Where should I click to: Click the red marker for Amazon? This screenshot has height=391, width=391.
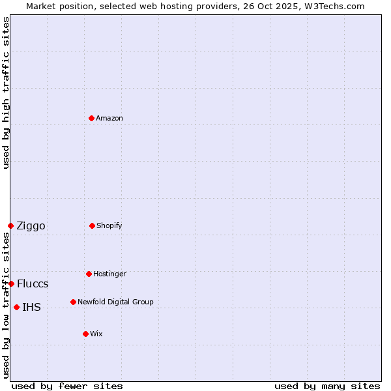click(x=92, y=118)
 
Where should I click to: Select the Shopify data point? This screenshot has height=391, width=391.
click(x=92, y=225)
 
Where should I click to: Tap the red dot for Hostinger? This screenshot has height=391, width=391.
click(x=89, y=274)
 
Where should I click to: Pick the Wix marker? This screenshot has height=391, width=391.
click(x=85, y=334)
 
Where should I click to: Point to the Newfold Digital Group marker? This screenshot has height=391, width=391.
click(x=73, y=302)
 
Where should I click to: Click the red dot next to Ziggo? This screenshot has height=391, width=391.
click(x=10, y=225)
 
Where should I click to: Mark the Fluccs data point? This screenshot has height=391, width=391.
click(x=11, y=283)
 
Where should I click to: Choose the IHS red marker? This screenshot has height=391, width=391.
click(x=16, y=307)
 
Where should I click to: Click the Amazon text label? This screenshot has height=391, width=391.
click(x=109, y=118)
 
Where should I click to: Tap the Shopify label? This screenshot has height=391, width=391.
click(x=109, y=225)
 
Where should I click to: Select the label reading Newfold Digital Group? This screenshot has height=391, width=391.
click(x=115, y=302)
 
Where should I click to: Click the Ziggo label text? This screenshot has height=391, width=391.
click(x=31, y=226)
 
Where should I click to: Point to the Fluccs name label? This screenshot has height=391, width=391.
click(x=33, y=284)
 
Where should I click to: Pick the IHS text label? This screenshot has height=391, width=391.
click(x=31, y=308)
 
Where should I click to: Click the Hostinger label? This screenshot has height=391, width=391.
click(x=109, y=274)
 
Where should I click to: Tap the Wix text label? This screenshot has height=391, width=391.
click(x=96, y=334)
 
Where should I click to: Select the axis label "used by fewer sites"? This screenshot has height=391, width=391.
click(x=67, y=386)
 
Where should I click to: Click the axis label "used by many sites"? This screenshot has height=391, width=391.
click(x=327, y=386)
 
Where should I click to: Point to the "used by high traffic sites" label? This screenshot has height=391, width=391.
click(x=6, y=93)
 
